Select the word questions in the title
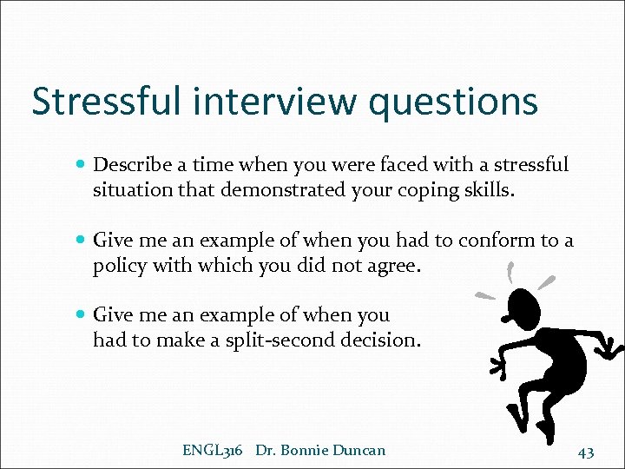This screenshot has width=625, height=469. tap(453, 101)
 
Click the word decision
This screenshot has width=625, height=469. tap(378, 340)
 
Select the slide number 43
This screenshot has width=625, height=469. tap(586, 451)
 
